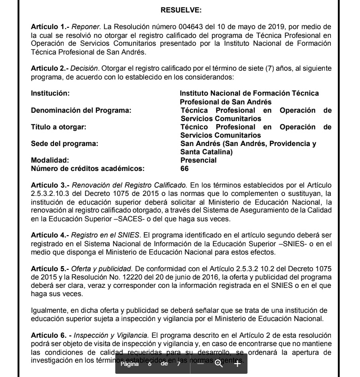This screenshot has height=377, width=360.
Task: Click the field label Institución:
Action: (50, 93)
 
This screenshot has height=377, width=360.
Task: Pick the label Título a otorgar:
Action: (58, 127)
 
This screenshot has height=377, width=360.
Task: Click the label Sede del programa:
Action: (64, 144)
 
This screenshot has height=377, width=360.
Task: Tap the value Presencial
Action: (198, 160)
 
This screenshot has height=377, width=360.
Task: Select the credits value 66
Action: (185, 169)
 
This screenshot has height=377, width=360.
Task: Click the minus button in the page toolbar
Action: (200, 364)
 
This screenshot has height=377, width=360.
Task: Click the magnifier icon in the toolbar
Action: (218, 364)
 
